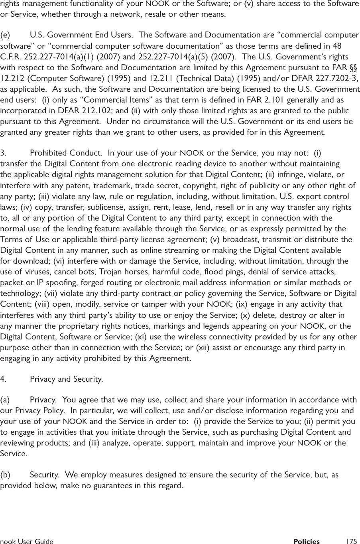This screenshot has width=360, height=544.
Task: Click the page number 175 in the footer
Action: (x=351, y=541)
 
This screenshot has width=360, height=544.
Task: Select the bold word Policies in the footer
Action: (x=306, y=541)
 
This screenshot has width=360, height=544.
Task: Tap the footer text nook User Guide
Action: (x=27, y=541)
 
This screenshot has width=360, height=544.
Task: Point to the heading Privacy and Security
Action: (x=66, y=379)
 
